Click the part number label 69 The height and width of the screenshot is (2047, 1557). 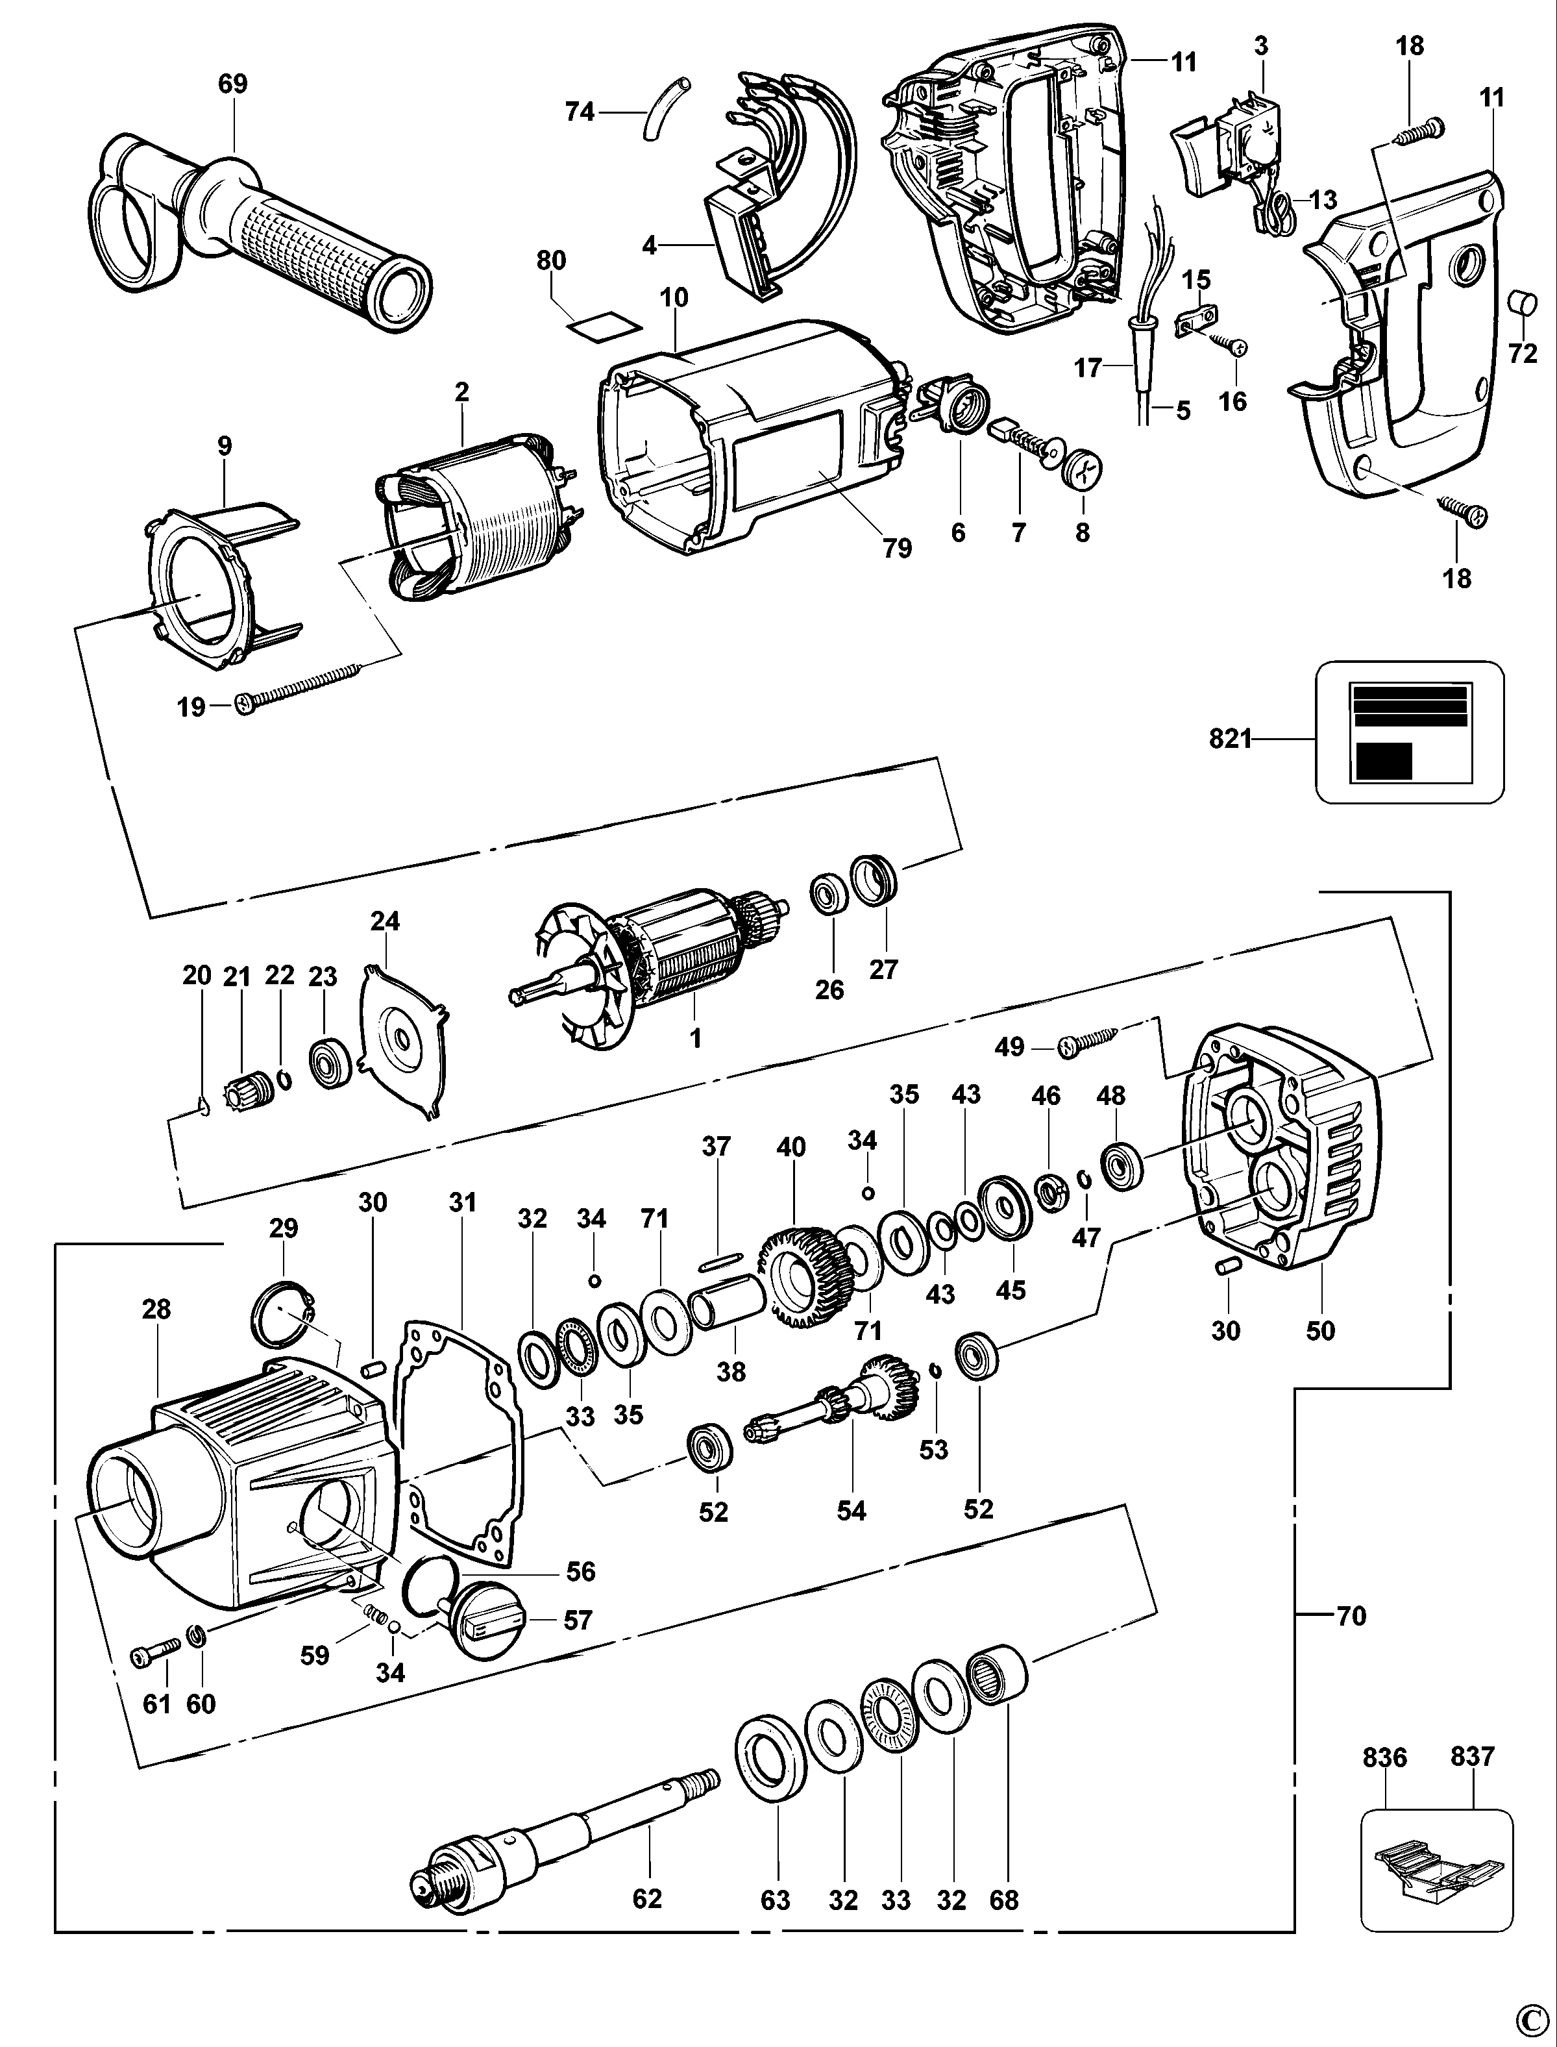(232, 84)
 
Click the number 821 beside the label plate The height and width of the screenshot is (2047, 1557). (1230, 739)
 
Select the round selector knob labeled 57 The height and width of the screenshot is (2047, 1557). (482, 1622)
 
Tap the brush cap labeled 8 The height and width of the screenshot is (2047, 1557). (1083, 471)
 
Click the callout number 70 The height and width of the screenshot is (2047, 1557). (1351, 1616)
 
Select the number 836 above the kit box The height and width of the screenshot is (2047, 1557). (1384, 1757)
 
